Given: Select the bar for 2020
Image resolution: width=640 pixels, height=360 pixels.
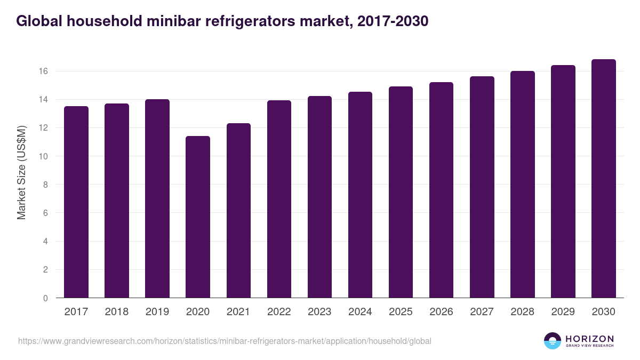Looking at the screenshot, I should click(198, 217).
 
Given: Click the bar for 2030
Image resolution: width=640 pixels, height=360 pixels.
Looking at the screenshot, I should click(603, 179).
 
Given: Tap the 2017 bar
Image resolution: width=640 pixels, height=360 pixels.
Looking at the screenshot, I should click(76, 202).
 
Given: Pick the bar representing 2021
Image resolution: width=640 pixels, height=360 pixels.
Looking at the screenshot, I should click(238, 211).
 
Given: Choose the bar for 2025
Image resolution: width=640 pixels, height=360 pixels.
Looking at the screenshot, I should click(401, 192).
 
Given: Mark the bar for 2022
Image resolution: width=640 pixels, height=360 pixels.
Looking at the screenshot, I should click(279, 199).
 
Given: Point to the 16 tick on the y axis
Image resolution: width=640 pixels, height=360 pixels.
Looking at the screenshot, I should click(44, 71).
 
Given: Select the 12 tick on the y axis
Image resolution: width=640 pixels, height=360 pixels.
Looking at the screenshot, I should click(44, 128).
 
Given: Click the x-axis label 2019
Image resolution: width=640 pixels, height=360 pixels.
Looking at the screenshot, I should click(157, 312).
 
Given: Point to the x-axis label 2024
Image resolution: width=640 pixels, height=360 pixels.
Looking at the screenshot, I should click(360, 312).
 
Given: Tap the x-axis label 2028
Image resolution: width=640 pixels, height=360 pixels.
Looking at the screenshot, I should click(522, 312).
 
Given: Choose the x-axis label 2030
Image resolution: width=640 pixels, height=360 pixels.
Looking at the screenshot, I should click(603, 312).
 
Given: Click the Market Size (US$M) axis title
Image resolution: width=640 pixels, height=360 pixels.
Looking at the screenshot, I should click(22, 172).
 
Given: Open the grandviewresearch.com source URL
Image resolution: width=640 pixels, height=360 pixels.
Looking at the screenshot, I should click(225, 341).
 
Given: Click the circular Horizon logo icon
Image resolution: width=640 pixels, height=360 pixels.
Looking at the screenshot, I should click(553, 341).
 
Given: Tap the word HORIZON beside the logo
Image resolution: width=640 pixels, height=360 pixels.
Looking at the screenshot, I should click(589, 339).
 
